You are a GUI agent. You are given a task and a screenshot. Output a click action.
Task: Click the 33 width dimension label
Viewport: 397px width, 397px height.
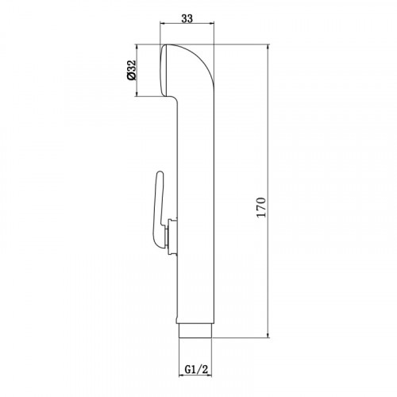[x=187, y=19]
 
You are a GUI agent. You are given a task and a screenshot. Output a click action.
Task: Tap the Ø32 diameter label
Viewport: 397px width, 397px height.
[x=131, y=70]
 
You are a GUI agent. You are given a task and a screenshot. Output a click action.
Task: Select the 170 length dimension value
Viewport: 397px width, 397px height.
[x=261, y=207]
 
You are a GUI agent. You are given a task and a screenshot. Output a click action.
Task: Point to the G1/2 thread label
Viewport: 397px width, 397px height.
[x=196, y=369]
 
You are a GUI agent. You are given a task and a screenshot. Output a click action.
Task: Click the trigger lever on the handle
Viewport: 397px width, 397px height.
[x=158, y=210]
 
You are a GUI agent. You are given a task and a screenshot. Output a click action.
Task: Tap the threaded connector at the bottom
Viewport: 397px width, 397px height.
[x=195, y=330]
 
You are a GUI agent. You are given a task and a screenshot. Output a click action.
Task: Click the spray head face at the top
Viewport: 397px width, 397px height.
[x=164, y=71]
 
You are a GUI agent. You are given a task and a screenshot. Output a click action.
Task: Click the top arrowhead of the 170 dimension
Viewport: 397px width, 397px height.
[x=268, y=48]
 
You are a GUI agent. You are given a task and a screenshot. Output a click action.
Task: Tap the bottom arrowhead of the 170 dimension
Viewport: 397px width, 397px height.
[x=268, y=334]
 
